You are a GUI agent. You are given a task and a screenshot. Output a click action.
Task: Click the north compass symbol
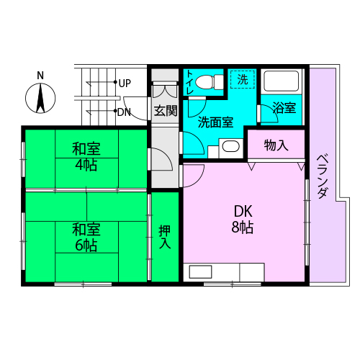pos(40,98)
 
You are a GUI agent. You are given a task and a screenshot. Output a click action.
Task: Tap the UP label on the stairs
pos(125,84)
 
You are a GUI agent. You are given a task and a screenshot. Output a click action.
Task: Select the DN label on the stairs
pos(124,112)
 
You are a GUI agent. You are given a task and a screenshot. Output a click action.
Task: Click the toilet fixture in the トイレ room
pos(210,82)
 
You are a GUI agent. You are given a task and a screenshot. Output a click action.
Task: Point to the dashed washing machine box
pos(243,79)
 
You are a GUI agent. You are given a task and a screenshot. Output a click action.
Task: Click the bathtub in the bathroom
pos(282,81)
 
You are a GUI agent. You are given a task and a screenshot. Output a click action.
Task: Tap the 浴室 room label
pos(284,107)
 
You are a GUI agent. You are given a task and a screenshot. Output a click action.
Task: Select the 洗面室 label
pos(215,122)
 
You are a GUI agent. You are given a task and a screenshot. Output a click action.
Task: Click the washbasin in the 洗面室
pos(231,146)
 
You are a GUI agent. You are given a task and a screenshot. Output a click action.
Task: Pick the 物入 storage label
pos(276,145)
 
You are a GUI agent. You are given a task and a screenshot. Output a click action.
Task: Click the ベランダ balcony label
pos(323,176)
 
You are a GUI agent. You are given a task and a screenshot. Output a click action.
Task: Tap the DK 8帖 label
pos(243,220)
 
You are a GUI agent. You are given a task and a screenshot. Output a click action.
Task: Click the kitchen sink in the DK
pos(200,271)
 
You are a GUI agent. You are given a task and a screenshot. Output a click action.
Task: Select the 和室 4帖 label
pos(86,157)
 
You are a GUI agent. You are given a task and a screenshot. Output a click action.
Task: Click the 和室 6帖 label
pos(86,237)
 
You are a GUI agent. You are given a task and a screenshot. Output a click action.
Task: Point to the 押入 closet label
pos(165,237)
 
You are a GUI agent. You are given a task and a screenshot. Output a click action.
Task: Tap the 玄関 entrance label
pos(166,111)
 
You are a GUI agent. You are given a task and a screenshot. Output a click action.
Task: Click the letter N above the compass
pos(40,76)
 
